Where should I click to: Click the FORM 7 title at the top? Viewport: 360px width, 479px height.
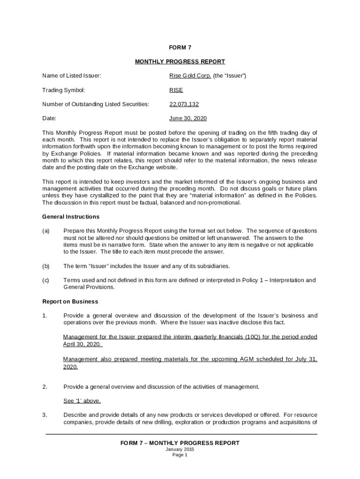tap(180, 47)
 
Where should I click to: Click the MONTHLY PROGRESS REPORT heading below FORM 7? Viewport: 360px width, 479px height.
tap(180, 61)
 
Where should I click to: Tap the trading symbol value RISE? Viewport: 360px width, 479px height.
tap(176, 90)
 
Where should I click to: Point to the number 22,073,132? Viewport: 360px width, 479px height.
tap(184, 104)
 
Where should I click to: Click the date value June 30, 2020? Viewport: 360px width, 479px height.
tap(188, 118)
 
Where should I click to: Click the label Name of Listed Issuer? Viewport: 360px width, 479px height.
tap(72, 76)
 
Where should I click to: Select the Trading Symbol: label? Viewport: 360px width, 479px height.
tap(64, 90)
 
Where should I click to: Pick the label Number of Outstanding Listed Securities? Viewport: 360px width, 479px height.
tap(96, 104)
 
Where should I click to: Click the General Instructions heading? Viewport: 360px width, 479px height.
tap(71, 217)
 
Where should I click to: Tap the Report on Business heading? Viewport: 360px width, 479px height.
tap(70, 301)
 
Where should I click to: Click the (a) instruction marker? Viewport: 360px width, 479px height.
tap(46, 231)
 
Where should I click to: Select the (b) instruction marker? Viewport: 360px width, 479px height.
tap(46, 266)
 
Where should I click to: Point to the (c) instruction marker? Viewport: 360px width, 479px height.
tap(46, 280)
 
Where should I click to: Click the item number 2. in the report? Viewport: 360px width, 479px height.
tap(45, 387)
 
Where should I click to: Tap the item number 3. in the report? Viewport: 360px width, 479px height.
tap(45, 415)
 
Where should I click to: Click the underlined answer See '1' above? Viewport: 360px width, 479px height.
tap(82, 401)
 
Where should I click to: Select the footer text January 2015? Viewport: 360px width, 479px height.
tap(180, 449)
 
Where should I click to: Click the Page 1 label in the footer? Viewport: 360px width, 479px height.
tap(180, 455)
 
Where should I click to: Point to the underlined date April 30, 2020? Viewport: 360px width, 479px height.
tap(82, 344)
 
